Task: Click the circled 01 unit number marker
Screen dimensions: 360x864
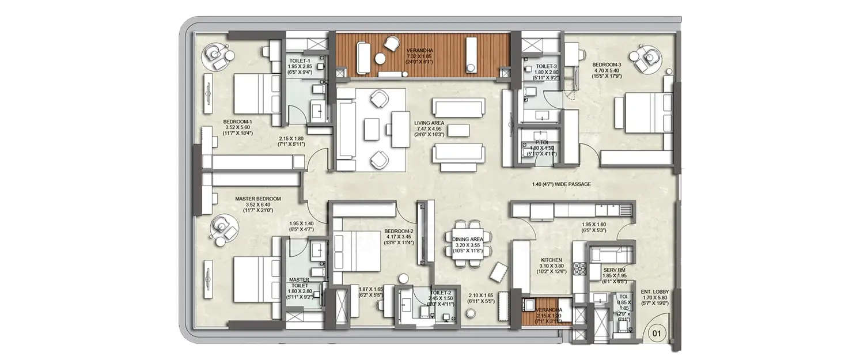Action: point(655,332)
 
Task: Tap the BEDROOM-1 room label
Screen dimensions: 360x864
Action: point(238,122)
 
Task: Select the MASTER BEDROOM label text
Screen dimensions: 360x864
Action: point(257,199)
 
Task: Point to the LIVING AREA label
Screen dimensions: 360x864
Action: point(429,123)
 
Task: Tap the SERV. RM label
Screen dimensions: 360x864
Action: point(614,270)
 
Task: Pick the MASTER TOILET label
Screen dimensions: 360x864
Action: point(300,282)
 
